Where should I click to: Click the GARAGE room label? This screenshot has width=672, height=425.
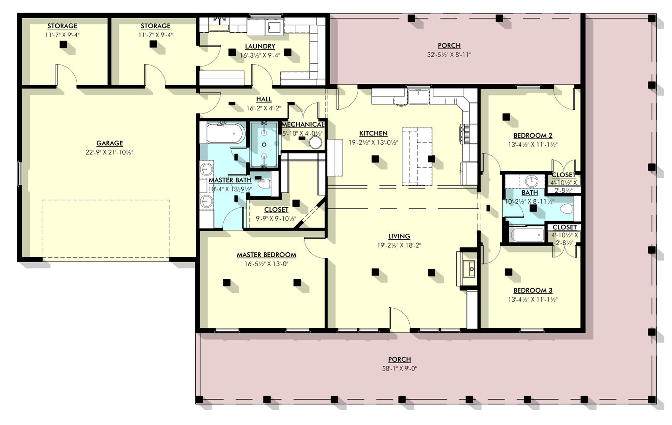110,143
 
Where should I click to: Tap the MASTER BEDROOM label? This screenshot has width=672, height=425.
266,255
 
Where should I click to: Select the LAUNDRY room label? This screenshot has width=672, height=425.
260,47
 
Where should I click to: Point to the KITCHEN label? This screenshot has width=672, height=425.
373,134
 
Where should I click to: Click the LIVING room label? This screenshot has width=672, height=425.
399,236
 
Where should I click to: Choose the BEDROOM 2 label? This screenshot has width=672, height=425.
533,136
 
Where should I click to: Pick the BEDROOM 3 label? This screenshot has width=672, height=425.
533,290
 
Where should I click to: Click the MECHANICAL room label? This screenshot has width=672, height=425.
303,125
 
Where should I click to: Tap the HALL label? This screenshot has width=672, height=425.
264,100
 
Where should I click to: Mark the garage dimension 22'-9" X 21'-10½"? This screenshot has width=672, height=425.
110,152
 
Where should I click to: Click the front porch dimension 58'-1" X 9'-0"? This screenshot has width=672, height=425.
399,369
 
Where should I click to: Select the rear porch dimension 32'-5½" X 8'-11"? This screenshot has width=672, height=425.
449,54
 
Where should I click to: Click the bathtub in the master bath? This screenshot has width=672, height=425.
226,133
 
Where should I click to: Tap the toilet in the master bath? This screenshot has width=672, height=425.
264,184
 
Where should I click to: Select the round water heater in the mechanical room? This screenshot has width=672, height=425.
316,142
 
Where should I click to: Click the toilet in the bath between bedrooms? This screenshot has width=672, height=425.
566,209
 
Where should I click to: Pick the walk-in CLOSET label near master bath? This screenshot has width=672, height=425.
276,210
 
